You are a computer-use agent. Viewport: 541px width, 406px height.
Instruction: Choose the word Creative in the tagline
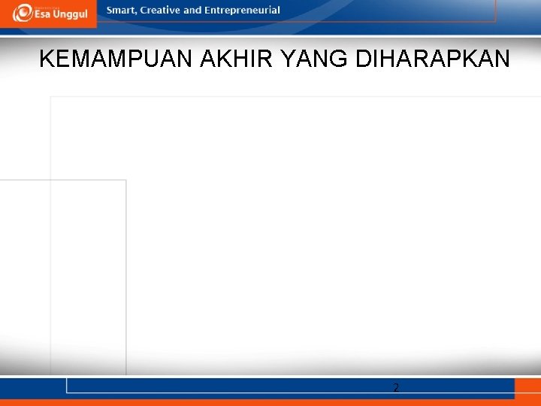coord(159,11)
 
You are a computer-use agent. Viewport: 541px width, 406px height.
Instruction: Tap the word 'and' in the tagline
coord(192,11)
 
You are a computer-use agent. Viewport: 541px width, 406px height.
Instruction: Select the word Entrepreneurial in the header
coord(242,11)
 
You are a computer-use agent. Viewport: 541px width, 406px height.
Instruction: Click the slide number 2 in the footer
coord(396,388)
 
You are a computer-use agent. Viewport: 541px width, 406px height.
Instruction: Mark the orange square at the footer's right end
coord(527,389)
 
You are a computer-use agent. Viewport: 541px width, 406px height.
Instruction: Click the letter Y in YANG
coord(286,59)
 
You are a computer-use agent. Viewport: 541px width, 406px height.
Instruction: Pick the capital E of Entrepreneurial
coord(207,11)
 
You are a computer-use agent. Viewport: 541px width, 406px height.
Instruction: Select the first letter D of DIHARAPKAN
coord(363,59)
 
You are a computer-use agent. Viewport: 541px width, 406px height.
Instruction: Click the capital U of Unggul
coord(60,15)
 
